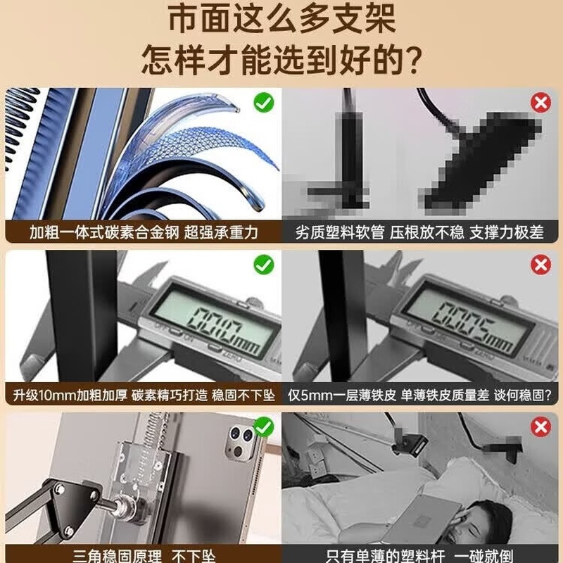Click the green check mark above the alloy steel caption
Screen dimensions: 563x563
click(264, 103)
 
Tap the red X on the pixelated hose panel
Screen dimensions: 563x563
click(540, 103)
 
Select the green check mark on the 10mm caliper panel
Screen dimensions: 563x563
click(264, 265)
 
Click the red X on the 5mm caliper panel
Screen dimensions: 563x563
click(540, 265)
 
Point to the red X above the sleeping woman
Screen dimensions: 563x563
click(540, 427)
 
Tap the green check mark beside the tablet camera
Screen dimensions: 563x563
click(264, 427)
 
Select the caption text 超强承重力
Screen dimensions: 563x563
click(221, 232)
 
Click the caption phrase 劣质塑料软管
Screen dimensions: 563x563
click(340, 232)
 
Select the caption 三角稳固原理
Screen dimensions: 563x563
click(117, 556)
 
